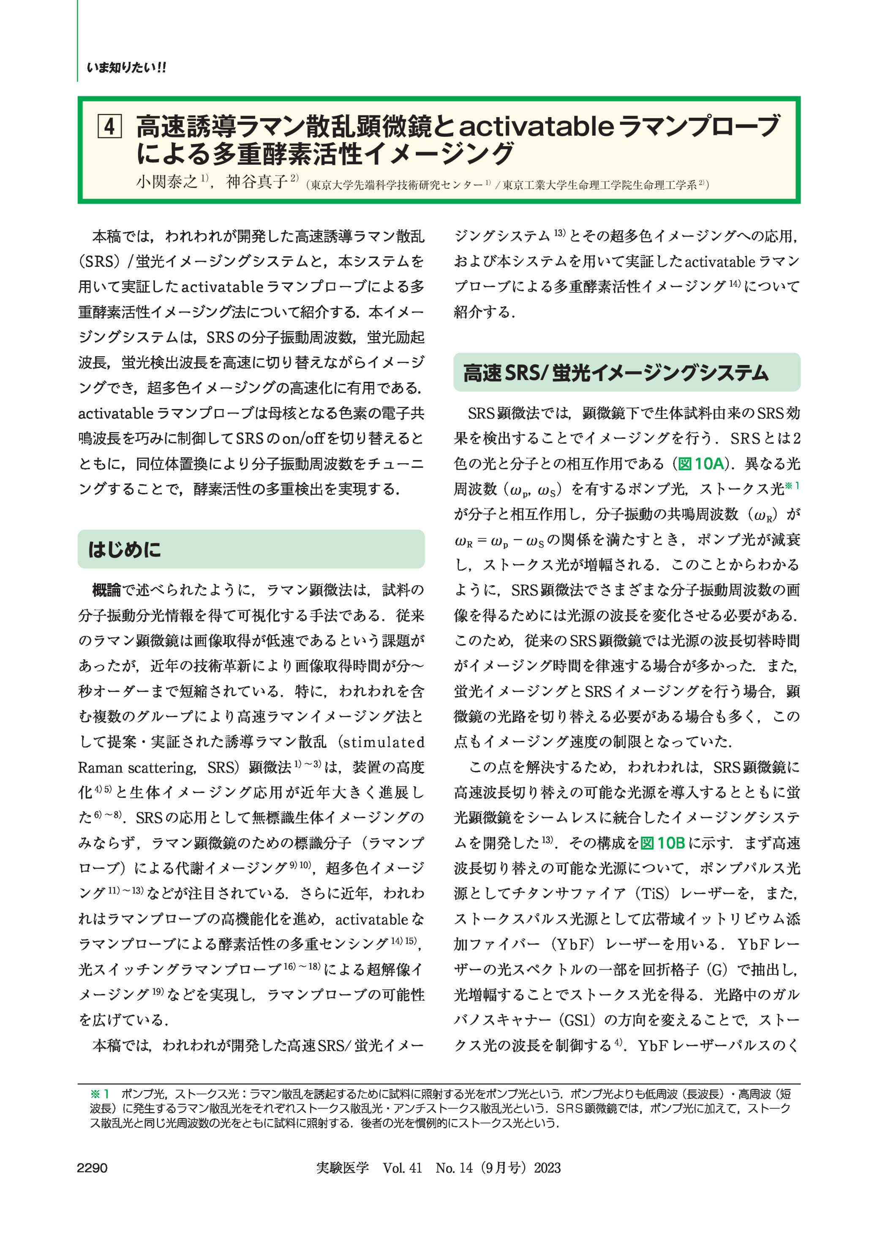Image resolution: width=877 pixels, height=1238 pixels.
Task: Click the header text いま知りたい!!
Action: (x=126, y=68)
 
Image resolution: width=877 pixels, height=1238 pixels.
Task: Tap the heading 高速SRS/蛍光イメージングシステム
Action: (x=615, y=373)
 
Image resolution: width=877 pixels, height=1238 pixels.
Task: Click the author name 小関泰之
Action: (x=167, y=182)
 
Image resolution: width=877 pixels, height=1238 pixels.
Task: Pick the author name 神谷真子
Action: (x=256, y=182)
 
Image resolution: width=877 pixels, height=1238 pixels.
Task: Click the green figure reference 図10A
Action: (x=700, y=464)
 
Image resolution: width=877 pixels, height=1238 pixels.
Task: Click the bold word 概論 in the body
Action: (x=106, y=590)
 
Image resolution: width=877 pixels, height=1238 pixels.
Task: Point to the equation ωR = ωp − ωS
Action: (x=499, y=540)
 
